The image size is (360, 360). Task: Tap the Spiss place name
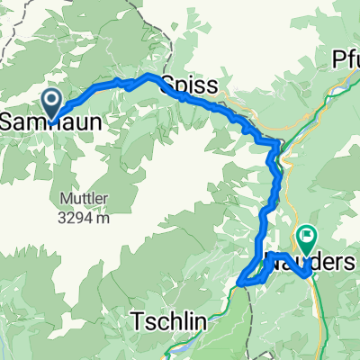click(x=188, y=86)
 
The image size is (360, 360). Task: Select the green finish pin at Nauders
click(x=307, y=239)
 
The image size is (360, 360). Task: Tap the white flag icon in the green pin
click(x=307, y=238)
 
